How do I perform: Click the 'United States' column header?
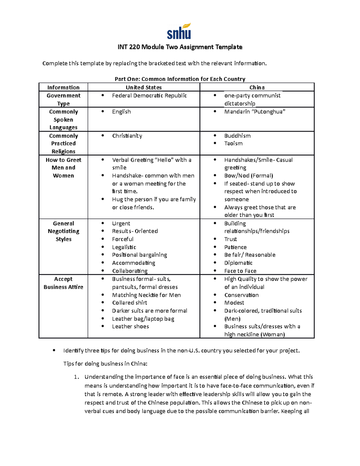(x=143, y=87)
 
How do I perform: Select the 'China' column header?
(x=257, y=87)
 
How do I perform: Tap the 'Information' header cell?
(x=63, y=87)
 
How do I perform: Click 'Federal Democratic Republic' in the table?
(x=149, y=95)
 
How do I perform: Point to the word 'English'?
(x=121, y=112)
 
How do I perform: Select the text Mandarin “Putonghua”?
(x=254, y=112)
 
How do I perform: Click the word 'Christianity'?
(x=127, y=136)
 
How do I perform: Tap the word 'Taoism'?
(x=233, y=143)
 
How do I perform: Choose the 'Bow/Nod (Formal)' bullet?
(x=248, y=176)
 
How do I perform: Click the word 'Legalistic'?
(x=124, y=247)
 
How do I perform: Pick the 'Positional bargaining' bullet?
(x=139, y=255)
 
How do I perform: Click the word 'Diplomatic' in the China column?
(x=238, y=263)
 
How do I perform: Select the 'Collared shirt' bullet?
(x=130, y=302)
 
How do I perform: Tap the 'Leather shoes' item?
(x=130, y=326)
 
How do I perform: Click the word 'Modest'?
(x=234, y=302)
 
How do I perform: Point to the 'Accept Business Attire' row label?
(x=63, y=283)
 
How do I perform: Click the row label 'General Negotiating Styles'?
(x=63, y=231)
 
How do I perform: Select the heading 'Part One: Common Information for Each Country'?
(x=180, y=79)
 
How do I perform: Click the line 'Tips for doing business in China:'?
(x=105, y=364)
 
